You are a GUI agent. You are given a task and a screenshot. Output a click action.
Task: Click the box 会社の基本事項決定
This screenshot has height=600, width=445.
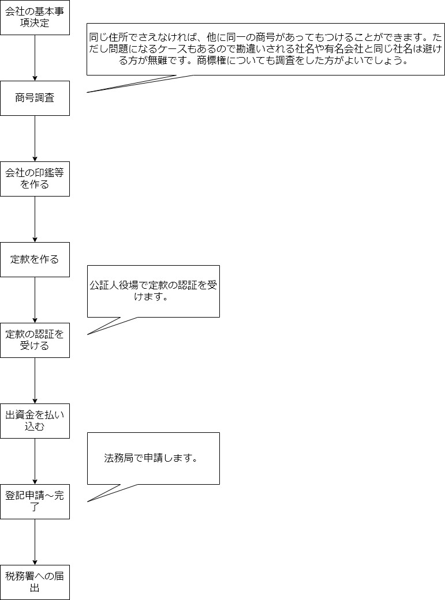point(35,17)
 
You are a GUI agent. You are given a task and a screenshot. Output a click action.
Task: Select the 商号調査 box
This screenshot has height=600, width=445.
point(35,98)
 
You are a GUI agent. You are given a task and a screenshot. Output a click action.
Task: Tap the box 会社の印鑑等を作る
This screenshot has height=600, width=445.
point(35,179)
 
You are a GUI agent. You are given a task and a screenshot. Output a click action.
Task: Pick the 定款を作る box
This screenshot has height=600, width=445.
point(35,259)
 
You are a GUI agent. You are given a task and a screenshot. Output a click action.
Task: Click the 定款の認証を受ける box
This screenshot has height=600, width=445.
point(35,340)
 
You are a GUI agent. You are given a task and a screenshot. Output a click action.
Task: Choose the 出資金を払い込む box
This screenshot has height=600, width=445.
point(35,421)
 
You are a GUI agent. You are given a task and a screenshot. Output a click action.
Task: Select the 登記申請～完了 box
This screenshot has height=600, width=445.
point(35,501)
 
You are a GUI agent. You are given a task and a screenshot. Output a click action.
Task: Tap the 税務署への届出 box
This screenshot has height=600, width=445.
point(35,582)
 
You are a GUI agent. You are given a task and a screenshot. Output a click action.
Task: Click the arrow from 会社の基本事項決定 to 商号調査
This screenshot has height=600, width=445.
point(35,58)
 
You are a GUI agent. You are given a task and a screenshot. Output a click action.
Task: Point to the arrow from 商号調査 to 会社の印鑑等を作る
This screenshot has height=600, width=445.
point(35,138)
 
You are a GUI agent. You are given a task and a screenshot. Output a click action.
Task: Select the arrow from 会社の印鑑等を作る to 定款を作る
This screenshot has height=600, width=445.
point(35,219)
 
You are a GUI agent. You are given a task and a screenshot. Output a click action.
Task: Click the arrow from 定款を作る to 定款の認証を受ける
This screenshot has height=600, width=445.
point(35,300)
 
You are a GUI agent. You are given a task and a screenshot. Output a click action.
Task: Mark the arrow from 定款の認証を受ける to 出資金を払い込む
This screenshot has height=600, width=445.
point(35,380)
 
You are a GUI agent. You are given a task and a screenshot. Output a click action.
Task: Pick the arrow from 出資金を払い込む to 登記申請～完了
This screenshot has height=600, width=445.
point(35,461)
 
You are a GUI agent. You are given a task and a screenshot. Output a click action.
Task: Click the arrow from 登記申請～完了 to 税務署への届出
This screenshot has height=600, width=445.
point(35,542)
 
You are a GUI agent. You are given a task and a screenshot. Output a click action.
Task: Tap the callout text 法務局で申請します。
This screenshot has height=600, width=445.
point(151,459)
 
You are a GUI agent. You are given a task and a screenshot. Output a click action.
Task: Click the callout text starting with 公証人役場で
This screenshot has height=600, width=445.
point(153,291)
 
